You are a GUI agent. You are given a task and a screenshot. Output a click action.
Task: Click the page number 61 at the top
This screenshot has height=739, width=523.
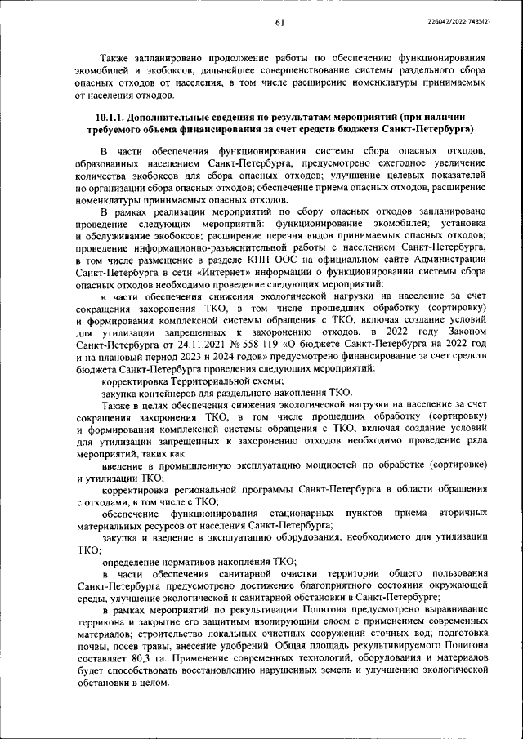pos(279,21)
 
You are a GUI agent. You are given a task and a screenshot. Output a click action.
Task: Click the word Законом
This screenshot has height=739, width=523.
pos(463,332)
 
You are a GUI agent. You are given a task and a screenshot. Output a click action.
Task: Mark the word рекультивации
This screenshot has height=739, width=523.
pos(263,611)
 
